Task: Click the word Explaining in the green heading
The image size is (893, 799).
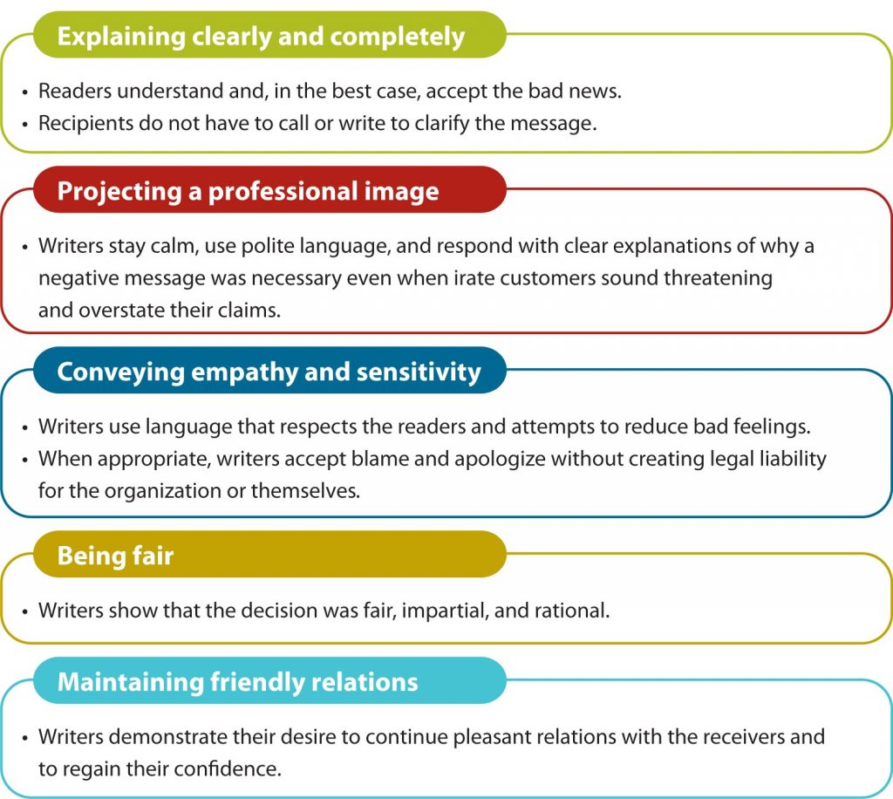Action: point(121,37)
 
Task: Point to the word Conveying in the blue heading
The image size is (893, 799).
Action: point(120,372)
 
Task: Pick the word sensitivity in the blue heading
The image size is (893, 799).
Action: point(419,372)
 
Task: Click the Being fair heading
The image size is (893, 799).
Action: point(115,556)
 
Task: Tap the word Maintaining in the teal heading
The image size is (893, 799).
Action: point(131,682)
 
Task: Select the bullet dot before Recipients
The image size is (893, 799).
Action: point(24,125)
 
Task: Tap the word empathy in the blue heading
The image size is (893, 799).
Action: point(244,372)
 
